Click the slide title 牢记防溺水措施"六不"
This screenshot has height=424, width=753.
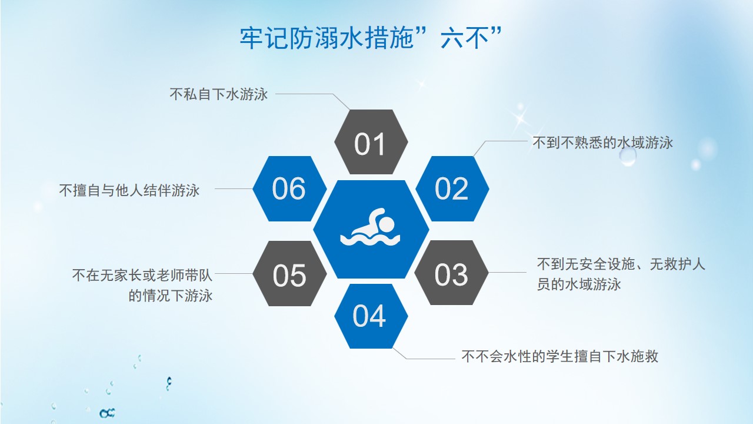click(371, 38)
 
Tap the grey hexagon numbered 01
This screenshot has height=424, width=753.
click(371, 142)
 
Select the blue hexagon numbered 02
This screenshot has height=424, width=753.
click(452, 188)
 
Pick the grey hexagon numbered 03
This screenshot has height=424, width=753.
click(451, 273)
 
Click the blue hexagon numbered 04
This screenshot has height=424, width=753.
click(371, 316)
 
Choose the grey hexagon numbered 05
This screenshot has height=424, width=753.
click(289, 273)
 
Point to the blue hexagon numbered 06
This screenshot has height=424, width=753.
click(289, 188)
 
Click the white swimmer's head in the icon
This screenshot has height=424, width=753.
click(387, 224)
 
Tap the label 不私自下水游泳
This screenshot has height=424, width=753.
click(218, 94)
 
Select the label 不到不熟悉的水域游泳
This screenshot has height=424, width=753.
click(602, 143)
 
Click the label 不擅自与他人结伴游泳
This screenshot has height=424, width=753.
click(129, 190)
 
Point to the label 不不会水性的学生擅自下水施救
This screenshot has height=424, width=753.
click(559, 356)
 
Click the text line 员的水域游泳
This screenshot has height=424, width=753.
click(578, 284)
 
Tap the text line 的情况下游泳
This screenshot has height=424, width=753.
click(171, 296)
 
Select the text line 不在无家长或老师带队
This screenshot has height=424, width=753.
click(142, 275)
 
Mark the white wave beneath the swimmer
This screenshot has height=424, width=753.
click(370, 240)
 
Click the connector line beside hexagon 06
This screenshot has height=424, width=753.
click(234, 189)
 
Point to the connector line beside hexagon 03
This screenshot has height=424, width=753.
click(507, 272)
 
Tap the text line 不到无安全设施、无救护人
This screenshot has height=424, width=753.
click(621, 264)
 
